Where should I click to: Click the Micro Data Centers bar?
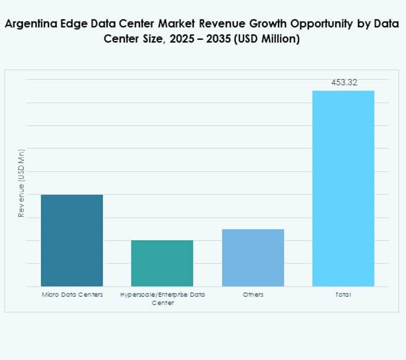click(72, 240)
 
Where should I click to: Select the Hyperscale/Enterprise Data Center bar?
click(162, 263)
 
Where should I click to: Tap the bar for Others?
click(253, 258)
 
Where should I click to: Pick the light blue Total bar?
click(343, 189)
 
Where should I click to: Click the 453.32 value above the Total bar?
click(344, 83)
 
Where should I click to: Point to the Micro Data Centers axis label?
click(72, 294)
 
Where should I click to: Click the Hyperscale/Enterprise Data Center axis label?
click(162, 298)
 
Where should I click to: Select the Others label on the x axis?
click(253, 294)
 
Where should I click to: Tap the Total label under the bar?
click(343, 294)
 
